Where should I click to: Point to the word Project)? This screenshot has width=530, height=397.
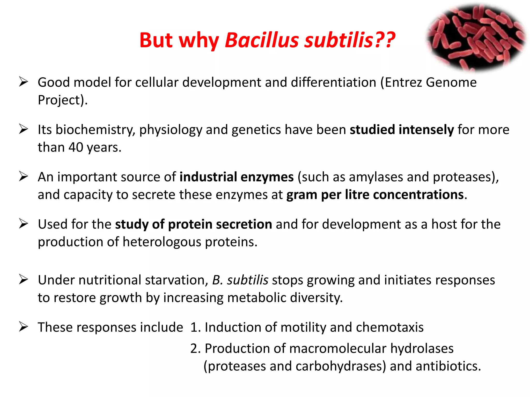tap(63, 100)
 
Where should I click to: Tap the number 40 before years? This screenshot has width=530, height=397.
tap(76, 147)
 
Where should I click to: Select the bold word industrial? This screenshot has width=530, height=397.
tap(208, 177)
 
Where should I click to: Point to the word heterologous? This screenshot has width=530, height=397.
tap(162, 242)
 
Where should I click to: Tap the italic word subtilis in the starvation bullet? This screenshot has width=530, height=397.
tap(247, 280)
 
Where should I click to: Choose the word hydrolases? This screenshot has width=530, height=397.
tap(422, 348)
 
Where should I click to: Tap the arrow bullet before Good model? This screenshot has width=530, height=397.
tap(24, 82)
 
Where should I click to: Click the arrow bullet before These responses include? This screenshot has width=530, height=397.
tap(24, 327)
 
